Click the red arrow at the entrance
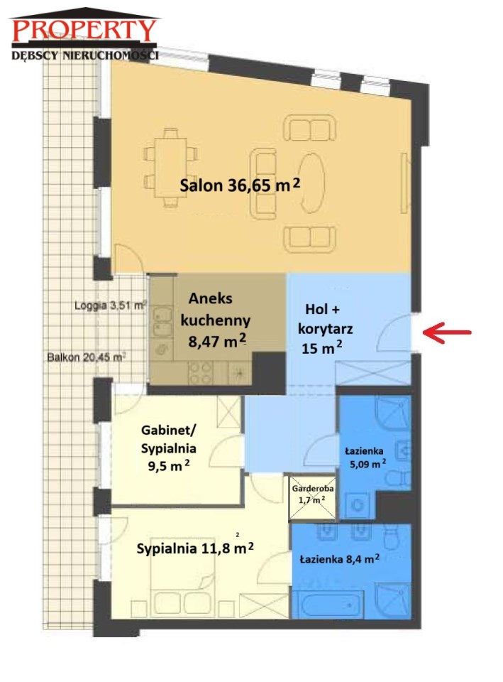[x=446, y=332]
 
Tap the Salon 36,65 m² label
[x=240, y=185]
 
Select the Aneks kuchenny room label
[x=216, y=320]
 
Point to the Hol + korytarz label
[x=324, y=328]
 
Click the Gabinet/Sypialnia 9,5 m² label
[x=169, y=448]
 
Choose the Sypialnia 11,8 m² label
[x=195, y=548]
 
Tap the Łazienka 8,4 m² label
[x=340, y=558]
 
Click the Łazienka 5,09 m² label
[x=365, y=458]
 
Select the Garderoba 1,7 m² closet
[x=313, y=497]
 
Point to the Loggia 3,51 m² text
[x=110, y=305]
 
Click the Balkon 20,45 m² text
[x=87, y=357]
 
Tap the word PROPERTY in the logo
[x=84, y=30]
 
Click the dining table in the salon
[x=171, y=168]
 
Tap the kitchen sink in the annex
[x=162, y=320]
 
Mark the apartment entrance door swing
[x=394, y=332]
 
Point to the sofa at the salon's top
[x=310, y=128]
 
